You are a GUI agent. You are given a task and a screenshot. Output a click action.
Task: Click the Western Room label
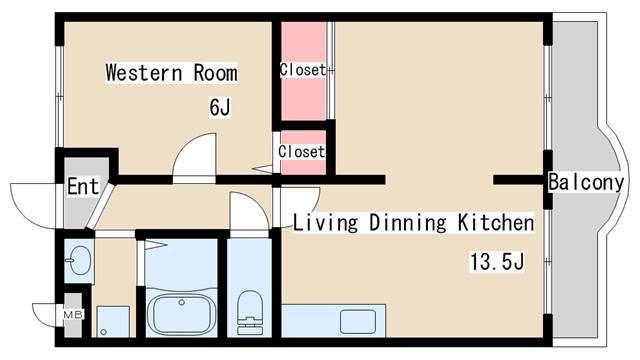click(x=172, y=73)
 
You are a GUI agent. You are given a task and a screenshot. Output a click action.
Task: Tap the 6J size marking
click(x=220, y=107)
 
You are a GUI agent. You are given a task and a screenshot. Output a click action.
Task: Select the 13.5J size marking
click(x=497, y=262)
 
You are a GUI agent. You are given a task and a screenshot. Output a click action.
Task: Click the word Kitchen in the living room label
click(x=496, y=222)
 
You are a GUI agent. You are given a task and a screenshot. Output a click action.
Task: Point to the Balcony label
click(x=586, y=182)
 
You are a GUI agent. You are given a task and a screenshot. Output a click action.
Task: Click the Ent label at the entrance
click(x=83, y=187)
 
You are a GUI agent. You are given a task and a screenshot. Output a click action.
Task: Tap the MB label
click(x=73, y=315)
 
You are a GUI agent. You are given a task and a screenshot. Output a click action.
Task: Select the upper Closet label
click(x=303, y=70)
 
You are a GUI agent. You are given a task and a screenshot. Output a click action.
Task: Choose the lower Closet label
click(x=302, y=152)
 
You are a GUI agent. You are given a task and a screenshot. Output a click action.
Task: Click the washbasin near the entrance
click(x=78, y=261)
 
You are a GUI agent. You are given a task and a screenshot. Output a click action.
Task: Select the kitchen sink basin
click(x=358, y=322)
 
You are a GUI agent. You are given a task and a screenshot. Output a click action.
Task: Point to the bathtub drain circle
click(x=182, y=302)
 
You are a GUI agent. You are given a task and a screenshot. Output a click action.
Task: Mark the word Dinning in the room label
click(x=408, y=223)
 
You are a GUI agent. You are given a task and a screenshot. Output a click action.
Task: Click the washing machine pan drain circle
click(x=103, y=332)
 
